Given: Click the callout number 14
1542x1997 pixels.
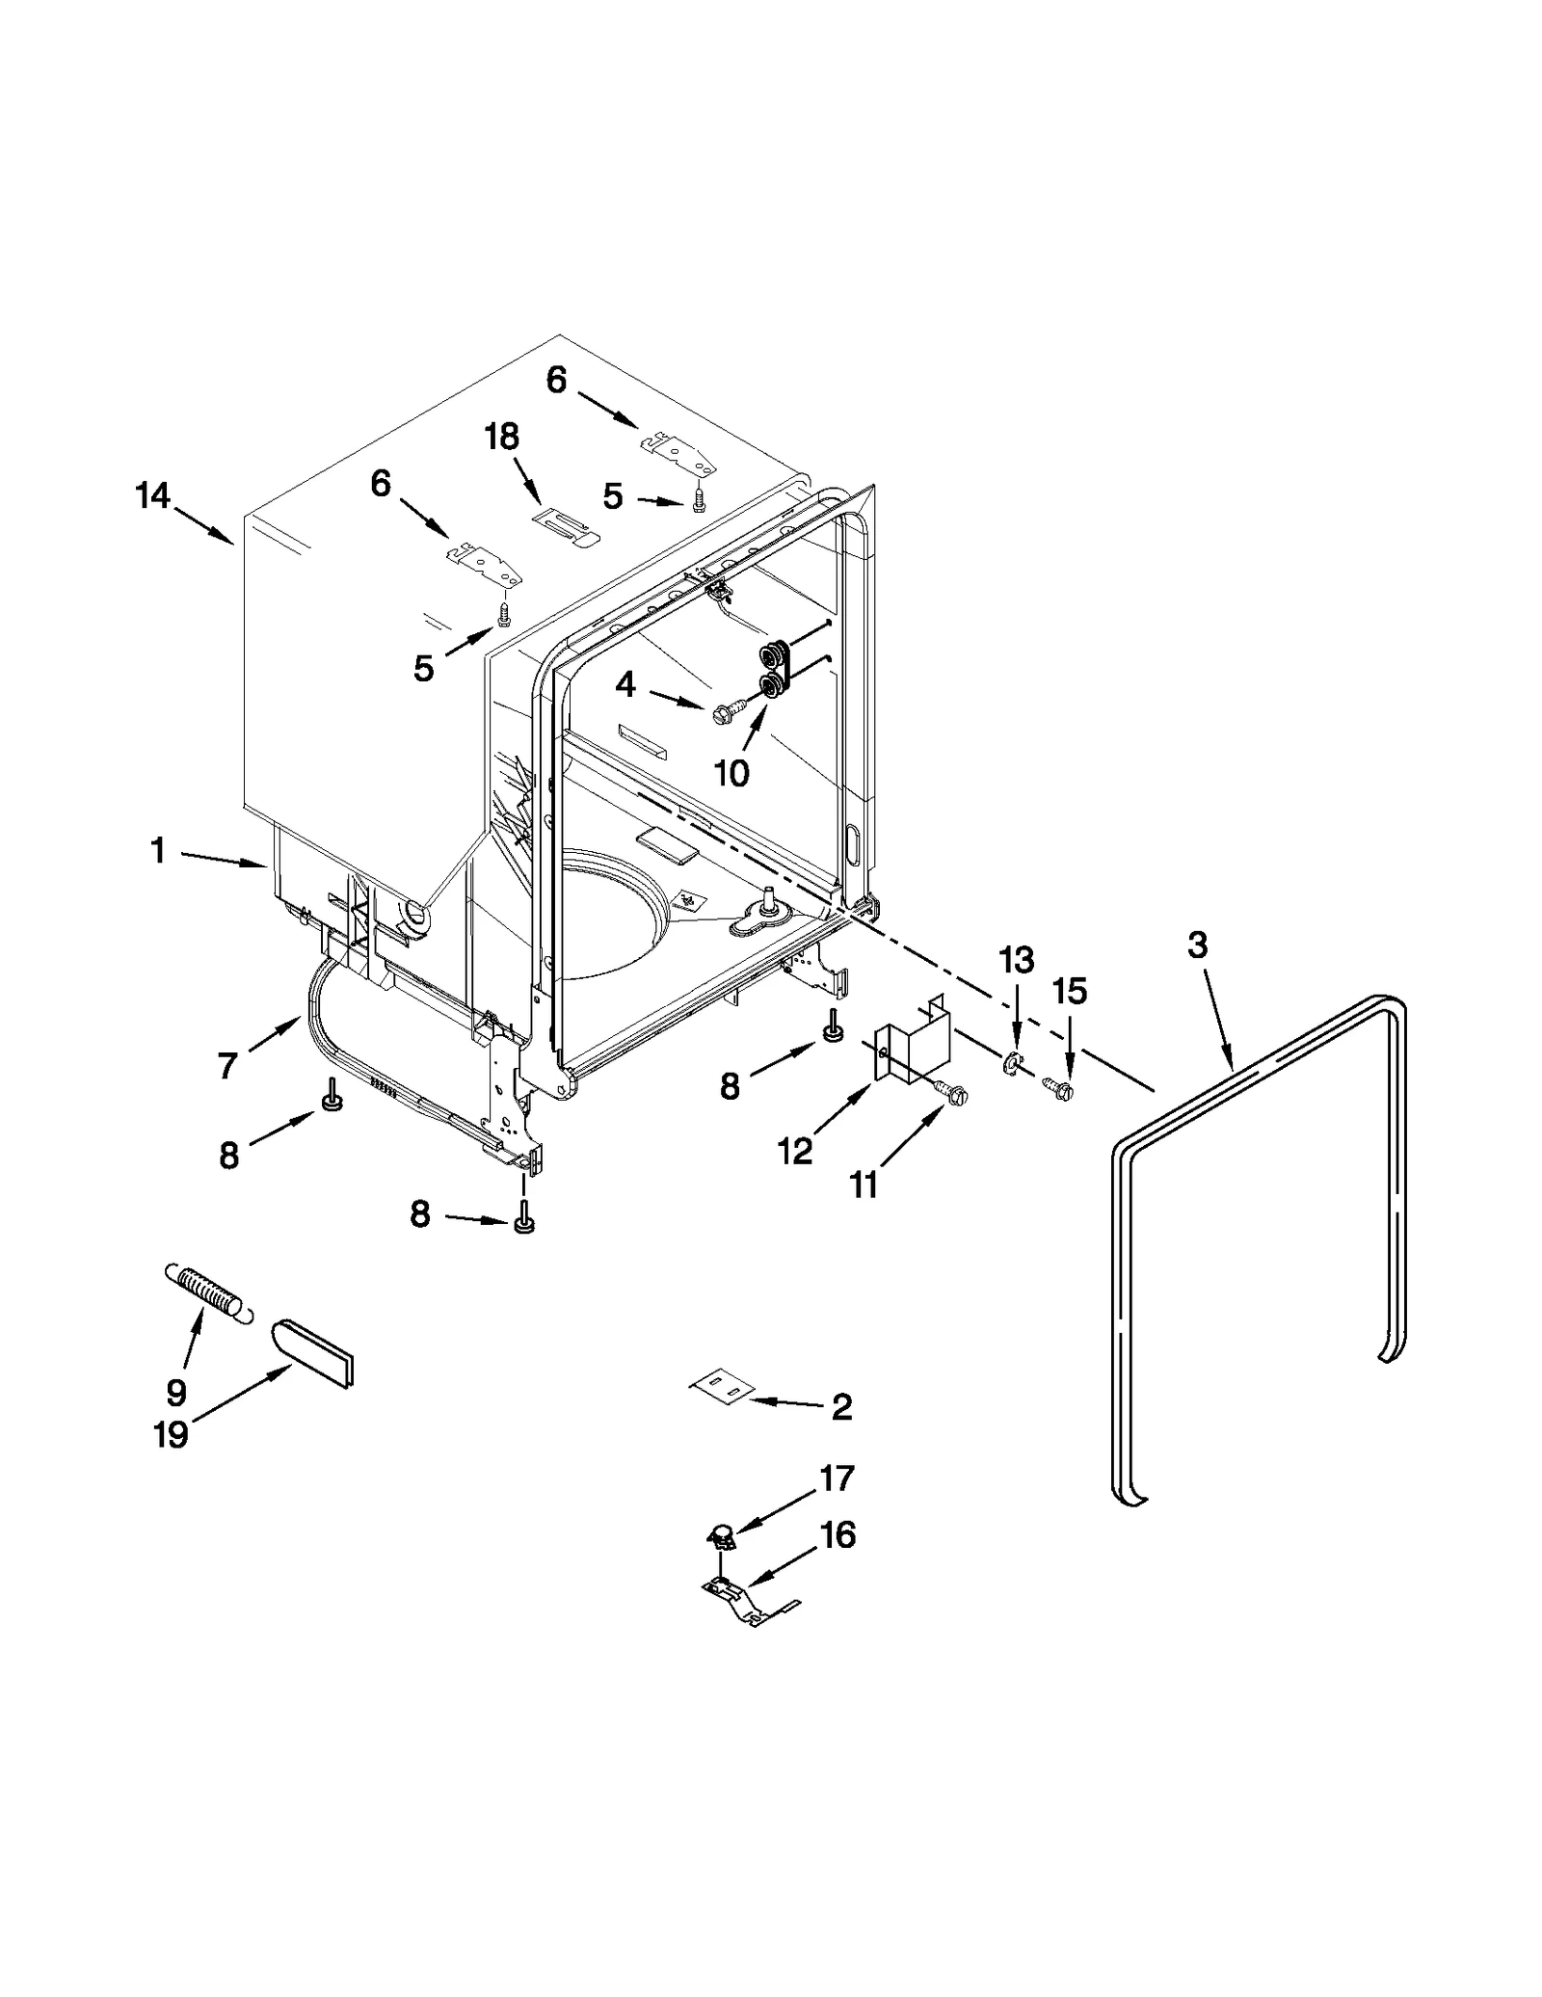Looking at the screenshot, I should tap(152, 496).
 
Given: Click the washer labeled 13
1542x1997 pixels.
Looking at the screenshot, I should tap(1011, 1064).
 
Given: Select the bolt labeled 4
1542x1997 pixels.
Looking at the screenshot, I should tap(726, 714).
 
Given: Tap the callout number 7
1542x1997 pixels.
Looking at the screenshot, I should tap(227, 1065).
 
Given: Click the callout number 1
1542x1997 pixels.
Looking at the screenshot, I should tap(158, 851).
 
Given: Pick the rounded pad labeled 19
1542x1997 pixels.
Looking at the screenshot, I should tap(315, 1352).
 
